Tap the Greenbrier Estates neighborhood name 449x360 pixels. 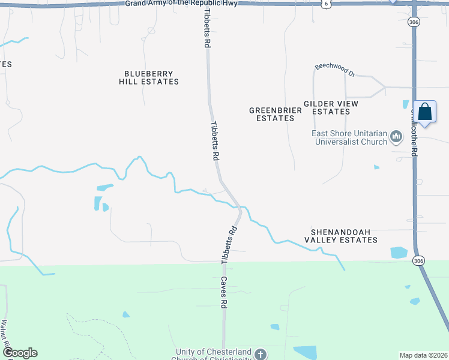[x=271, y=114]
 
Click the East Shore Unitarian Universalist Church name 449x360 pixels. [x=349, y=138]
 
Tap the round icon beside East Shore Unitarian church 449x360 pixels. [x=396, y=137]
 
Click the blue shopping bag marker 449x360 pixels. [x=424, y=112]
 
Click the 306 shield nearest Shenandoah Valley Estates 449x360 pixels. [x=419, y=260]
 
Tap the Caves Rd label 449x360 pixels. [x=223, y=292]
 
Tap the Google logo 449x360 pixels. [x=20, y=353]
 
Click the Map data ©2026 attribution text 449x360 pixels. [x=423, y=355]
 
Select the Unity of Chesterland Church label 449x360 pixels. [x=213, y=355]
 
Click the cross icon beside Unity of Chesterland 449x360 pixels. [x=260, y=354]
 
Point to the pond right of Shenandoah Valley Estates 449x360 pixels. [x=399, y=253]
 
